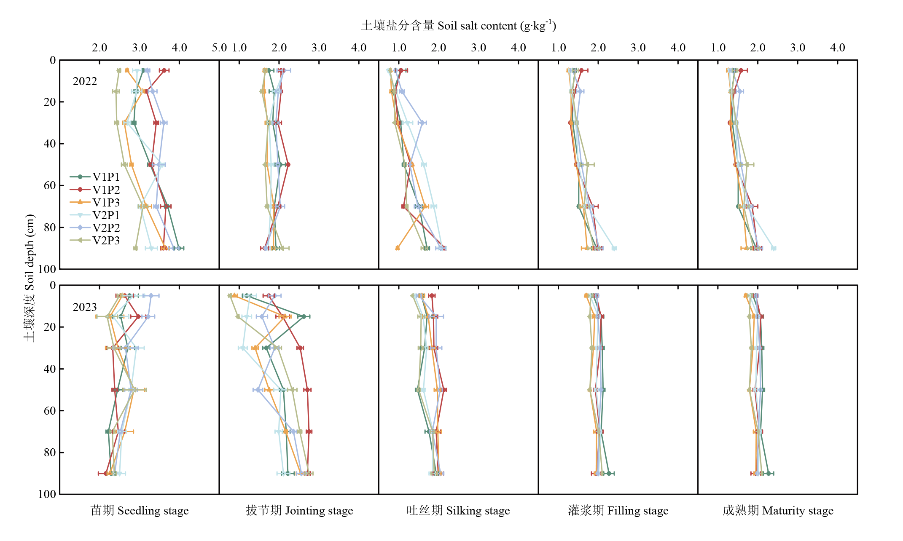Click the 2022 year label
[x=85, y=81]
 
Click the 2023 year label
[x=85, y=307]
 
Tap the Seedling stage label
[x=140, y=511]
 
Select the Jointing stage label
[x=299, y=511]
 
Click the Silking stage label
[x=458, y=511]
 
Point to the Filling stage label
[x=618, y=511]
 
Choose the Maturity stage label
[x=778, y=511]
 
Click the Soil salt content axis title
[x=459, y=26]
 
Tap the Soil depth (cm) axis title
[x=29, y=278]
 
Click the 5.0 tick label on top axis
[x=219, y=48]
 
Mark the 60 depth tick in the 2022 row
[x=50, y=185]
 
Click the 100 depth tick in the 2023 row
[x=47, y=494]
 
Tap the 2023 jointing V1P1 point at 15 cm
[x=304, y=316]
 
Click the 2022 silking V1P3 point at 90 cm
[x=398, y=248]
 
